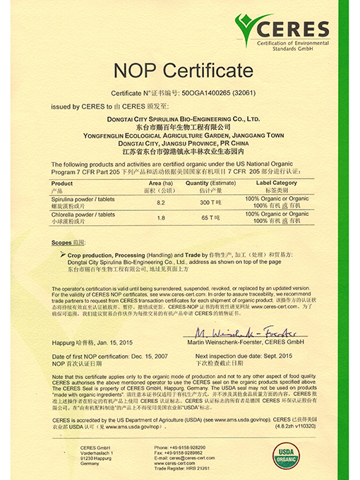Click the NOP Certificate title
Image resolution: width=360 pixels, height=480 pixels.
[x=181, y=71]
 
